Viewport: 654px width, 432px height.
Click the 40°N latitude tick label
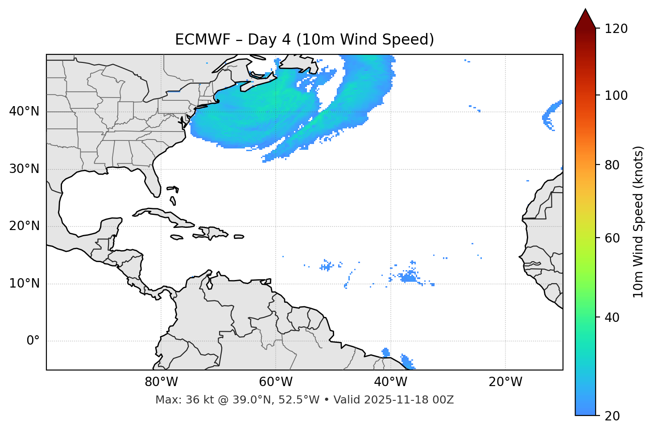coord(24,111)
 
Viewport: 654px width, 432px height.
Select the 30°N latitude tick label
coord(24,169)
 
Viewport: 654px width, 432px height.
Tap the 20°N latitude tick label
coord(24,226)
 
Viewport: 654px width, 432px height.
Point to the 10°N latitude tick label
coord(24,284)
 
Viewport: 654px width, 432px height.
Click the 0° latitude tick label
coord(33,341)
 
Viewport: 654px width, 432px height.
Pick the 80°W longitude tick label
coord(161,382)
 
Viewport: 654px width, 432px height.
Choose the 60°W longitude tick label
coord(276,382)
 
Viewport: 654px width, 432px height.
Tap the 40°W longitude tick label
coord(390,382)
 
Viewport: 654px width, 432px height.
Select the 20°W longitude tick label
coord(505,382)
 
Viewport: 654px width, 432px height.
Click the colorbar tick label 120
coord(617,29)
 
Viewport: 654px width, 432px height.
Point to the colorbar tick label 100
coord(617,95)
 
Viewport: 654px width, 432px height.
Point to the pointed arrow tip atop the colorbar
coord(585,10)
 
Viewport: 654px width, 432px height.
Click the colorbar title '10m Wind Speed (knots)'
coord(638,222)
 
